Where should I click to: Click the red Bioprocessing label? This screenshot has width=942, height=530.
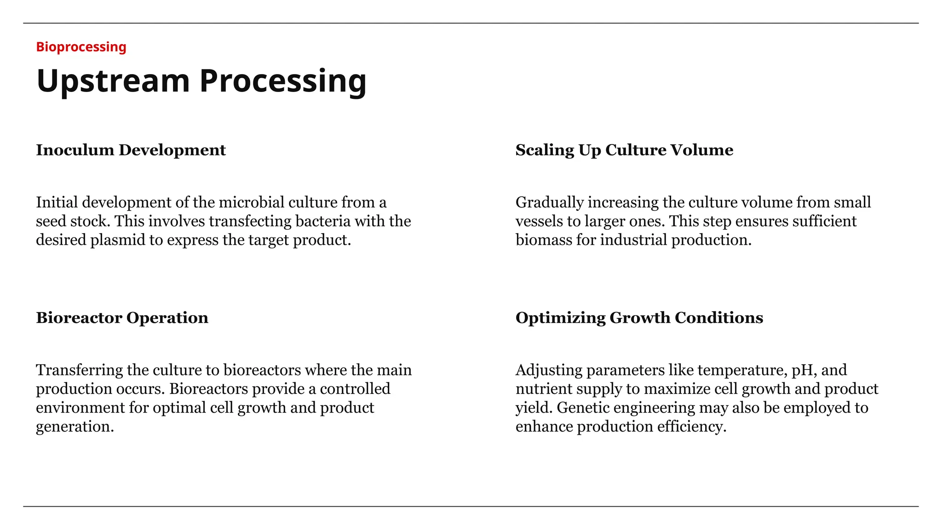tap(81, 47)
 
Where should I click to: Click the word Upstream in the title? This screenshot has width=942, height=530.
tap(113, 81)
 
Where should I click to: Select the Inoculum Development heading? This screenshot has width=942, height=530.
tap(131, 150)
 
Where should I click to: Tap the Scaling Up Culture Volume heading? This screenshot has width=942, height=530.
tap(624, 150)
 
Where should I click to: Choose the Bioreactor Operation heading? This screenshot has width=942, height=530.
tap(122, 318)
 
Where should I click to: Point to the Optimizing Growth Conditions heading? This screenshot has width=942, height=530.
tap(639, 318)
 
